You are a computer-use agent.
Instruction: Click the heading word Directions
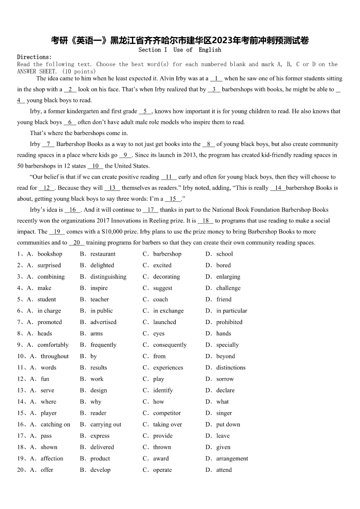point(34,57)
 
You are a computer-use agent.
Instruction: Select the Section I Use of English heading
point(180,50)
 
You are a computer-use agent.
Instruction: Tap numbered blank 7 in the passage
point(48,144)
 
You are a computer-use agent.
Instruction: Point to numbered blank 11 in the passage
point(169,177)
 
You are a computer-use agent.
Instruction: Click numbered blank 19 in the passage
point(57,232)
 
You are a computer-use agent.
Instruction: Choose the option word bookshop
point(50,254)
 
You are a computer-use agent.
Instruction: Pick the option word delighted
point(102,266)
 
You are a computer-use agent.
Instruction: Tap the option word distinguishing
point(108,277)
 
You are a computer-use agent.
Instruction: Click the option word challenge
point(229,288)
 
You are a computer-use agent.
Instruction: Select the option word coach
point(161,300)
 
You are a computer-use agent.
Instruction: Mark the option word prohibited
point(229,322)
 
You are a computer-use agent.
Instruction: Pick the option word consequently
point(170,345)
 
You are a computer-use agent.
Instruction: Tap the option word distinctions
point(231,368)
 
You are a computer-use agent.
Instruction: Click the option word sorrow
point(225,379)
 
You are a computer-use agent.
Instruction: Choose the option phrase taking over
point(167,425)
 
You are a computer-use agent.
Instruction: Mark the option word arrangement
point(232,459)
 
